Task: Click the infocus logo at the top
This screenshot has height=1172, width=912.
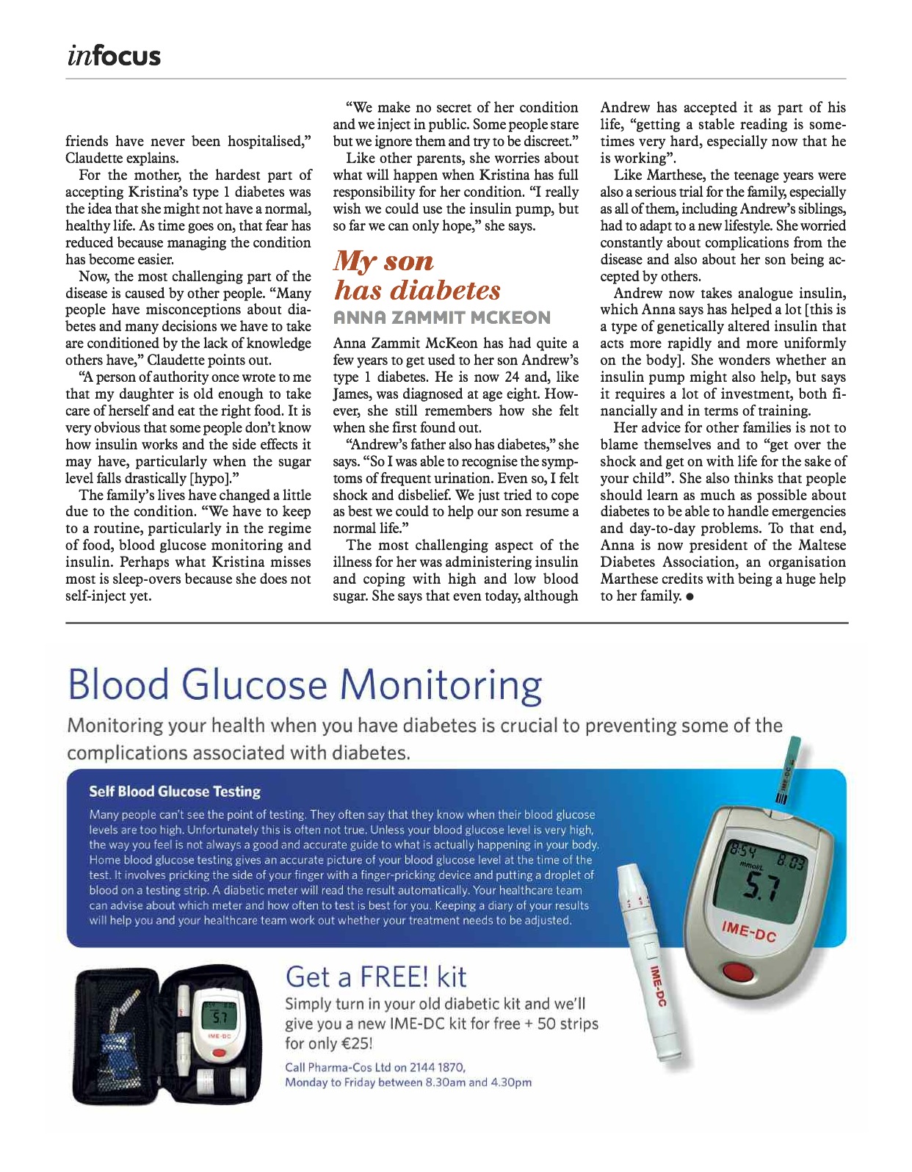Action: click(113, 56)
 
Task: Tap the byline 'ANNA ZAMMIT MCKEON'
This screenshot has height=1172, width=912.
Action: click(442, 318)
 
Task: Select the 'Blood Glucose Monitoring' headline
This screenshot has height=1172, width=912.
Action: click(305, 684)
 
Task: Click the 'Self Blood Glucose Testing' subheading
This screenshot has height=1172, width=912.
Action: click(175, 792)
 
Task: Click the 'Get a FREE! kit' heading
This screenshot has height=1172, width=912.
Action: click(375, 977)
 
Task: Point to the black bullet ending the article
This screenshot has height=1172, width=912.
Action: click(690, 596)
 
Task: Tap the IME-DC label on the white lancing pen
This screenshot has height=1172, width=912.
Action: click(656, 986)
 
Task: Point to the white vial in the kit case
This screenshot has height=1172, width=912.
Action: click(236, 1082)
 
